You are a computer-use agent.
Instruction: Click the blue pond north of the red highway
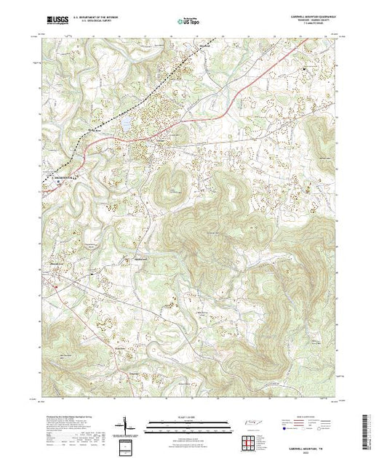124,124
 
